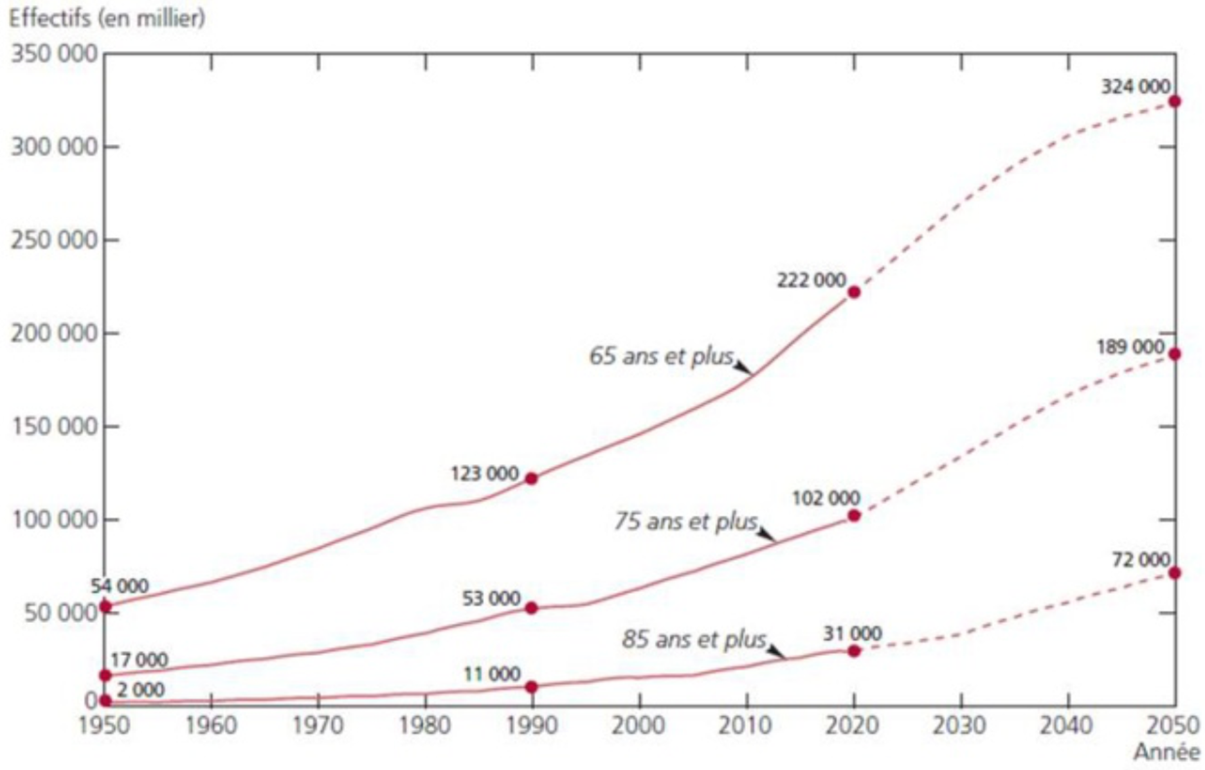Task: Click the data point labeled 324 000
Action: click(x=1174, y=102)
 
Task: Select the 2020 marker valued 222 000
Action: click(x=854, y=292)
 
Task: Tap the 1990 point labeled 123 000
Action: click(x=531, y=478)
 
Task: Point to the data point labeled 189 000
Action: click(x=1174, y=354)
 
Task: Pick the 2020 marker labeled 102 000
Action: click(x=854, y=515)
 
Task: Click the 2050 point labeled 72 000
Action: click(x=1174, y=573)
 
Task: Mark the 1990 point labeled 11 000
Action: click(x=531, y=686)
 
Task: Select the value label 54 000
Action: click(x=120, y=586)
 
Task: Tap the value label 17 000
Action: click(x=139, y=660)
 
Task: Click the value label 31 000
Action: click(x=852, y=634)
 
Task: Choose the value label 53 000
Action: click(x=491, y=598)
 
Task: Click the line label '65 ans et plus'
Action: click(x=662, y=356)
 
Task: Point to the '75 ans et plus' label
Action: click(x=686, y=521)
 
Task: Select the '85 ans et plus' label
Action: click(x=694, y=640)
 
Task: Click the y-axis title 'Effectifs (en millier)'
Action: click(x=107, y=19)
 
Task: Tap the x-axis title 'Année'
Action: click(x=1166, y=752)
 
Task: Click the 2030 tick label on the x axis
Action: click(x=960, y=726)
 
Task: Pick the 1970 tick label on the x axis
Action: click(x=318, y=726)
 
